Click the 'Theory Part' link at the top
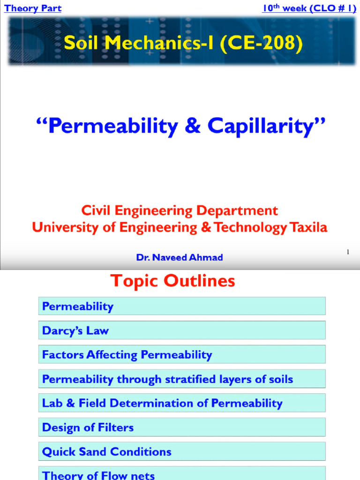(x=33, y=8)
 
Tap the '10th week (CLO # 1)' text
(x=309, y=8)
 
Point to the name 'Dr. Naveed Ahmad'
(x=180, y=257)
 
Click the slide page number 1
(x=348, y=252)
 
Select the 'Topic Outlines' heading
(x=172, y=281)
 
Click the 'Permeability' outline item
(x=78, y=307)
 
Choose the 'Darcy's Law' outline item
(x=75, y=330)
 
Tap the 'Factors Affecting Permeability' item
(x=127, y=355)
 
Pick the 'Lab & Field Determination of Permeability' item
(x=162, y=403)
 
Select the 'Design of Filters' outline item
(x=88, y=427)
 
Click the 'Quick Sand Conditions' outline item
(x=107, y=452)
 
